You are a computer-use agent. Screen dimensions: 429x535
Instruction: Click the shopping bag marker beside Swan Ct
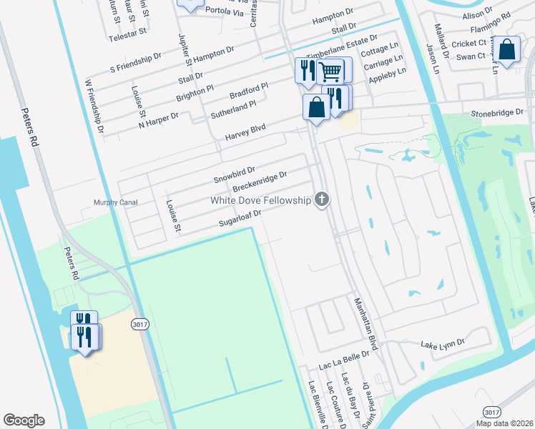[x=507, y=51]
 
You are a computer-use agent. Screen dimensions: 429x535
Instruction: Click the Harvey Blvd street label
[x=245, y=132]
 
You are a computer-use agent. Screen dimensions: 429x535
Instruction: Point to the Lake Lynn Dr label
[x=443, y=344]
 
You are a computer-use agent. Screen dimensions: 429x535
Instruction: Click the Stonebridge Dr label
[x=498, y=113]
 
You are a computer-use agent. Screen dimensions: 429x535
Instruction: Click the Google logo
[x=24, y=420]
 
